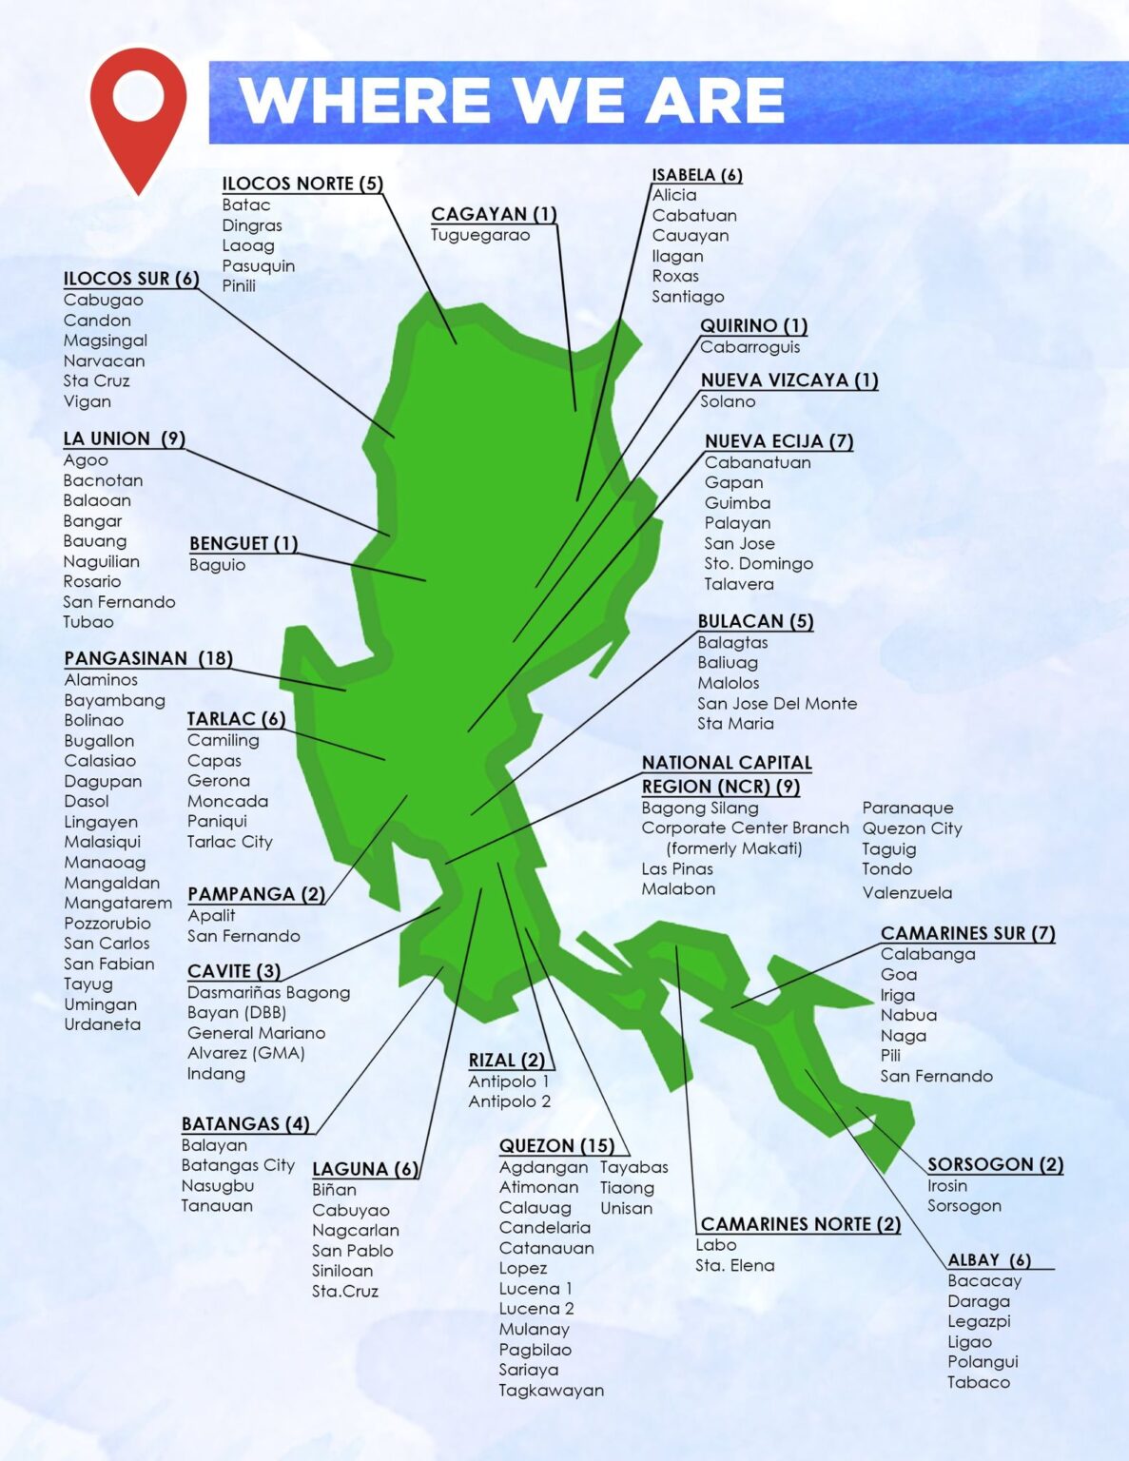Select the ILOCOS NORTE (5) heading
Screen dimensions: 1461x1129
click(302, 184)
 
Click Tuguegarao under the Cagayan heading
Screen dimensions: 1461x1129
click(480, 235)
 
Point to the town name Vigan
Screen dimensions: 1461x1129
click(88, 401)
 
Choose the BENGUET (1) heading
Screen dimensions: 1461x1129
click(243, 543)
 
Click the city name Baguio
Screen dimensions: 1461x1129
click(217, 565)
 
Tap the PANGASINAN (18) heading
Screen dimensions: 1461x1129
click(148, 658)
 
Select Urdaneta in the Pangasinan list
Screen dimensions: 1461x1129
click(103, 1024)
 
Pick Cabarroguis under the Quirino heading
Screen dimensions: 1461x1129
click(749, 347)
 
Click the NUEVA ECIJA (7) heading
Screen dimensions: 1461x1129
click(779, 441)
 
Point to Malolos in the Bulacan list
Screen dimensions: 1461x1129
click(729, 683)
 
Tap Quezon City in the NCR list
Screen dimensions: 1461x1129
click(912, 828)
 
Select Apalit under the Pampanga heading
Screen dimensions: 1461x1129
click(211, 915)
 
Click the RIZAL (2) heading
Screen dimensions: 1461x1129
click(507, 1061)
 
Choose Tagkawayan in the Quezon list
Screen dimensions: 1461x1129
click(552, 1390)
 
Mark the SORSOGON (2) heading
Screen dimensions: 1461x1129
click(995, 1164)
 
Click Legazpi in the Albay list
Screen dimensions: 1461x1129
click(979, 1321)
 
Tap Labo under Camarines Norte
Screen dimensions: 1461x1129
click(715, 1245)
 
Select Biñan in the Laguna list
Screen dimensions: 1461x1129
click(334, 1190)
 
